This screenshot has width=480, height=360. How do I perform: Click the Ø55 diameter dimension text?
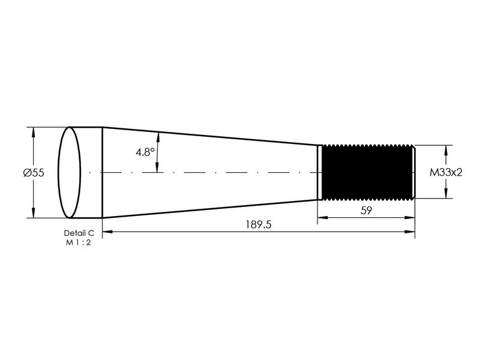34,173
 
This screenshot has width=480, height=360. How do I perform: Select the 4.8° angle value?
145,152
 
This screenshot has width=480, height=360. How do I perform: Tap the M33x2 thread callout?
446,172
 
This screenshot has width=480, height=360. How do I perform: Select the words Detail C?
79,232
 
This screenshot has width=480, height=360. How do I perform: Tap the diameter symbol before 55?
26,173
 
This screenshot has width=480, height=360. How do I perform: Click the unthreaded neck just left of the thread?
320,172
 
